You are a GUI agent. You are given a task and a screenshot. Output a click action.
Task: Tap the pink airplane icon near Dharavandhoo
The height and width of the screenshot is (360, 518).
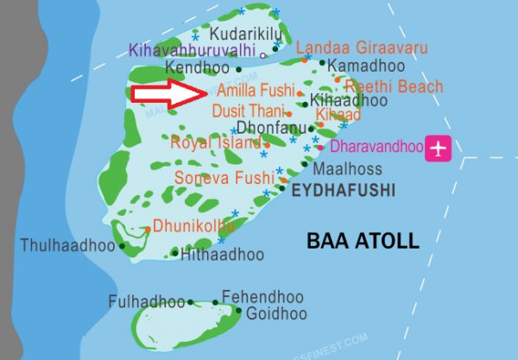point(439,148)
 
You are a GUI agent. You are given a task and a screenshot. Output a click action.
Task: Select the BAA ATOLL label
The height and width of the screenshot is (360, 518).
point(363,240)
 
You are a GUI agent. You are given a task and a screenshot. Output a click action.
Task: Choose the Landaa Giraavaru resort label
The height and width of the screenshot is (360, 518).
point(349,49)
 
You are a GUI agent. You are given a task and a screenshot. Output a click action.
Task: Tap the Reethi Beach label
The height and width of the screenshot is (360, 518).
point(394,86)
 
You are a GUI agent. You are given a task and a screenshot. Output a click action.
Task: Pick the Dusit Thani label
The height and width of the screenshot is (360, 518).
point(248,111)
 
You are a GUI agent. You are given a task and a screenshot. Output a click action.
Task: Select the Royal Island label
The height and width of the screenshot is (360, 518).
point(215,142)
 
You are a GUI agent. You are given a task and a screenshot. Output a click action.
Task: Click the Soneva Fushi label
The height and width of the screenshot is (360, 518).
point(223,178)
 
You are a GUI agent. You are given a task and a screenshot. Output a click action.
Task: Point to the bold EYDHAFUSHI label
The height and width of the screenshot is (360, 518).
point(342,190)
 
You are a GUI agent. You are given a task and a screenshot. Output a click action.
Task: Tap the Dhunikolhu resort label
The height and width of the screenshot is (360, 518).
point(193,227)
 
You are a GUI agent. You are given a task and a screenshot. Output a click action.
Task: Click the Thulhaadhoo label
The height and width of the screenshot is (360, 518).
point(68,246)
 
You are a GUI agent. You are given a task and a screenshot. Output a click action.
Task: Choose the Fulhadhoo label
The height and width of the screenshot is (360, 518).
point(147,301)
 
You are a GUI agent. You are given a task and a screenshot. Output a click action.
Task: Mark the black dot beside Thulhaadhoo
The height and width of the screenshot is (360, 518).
point(123,246)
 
